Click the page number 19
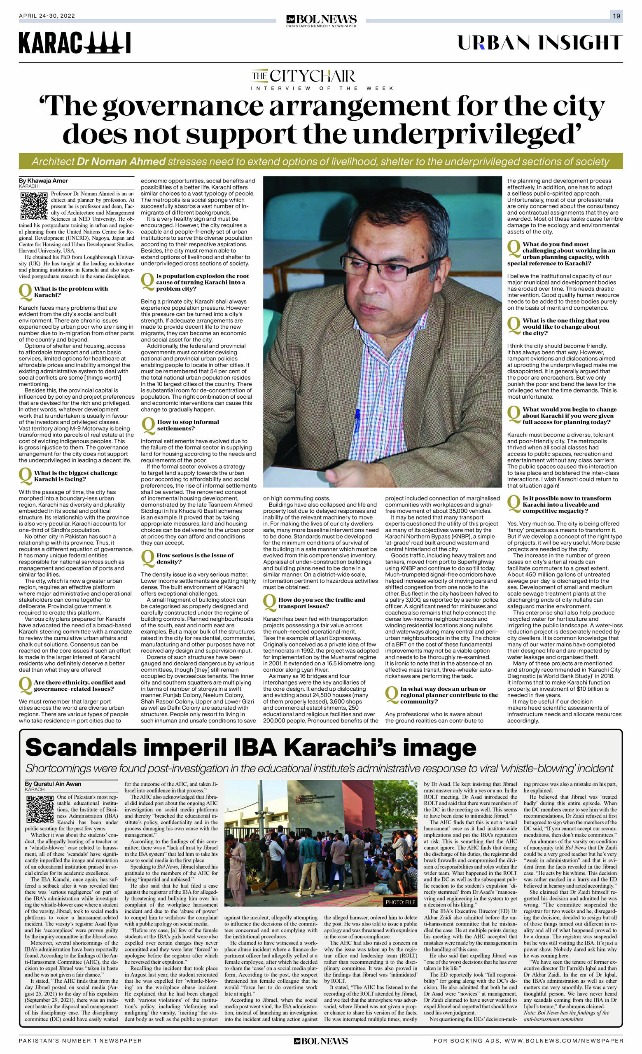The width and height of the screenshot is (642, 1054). pos(616,16)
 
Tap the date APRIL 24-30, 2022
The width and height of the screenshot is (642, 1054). pos(47,16)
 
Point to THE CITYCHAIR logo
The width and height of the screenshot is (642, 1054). pos(303,77)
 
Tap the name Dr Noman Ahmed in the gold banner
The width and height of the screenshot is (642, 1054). pos(121,162)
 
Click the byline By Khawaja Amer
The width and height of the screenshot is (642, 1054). pos(43,181)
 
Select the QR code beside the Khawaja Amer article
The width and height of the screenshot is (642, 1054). pos(33,206)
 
